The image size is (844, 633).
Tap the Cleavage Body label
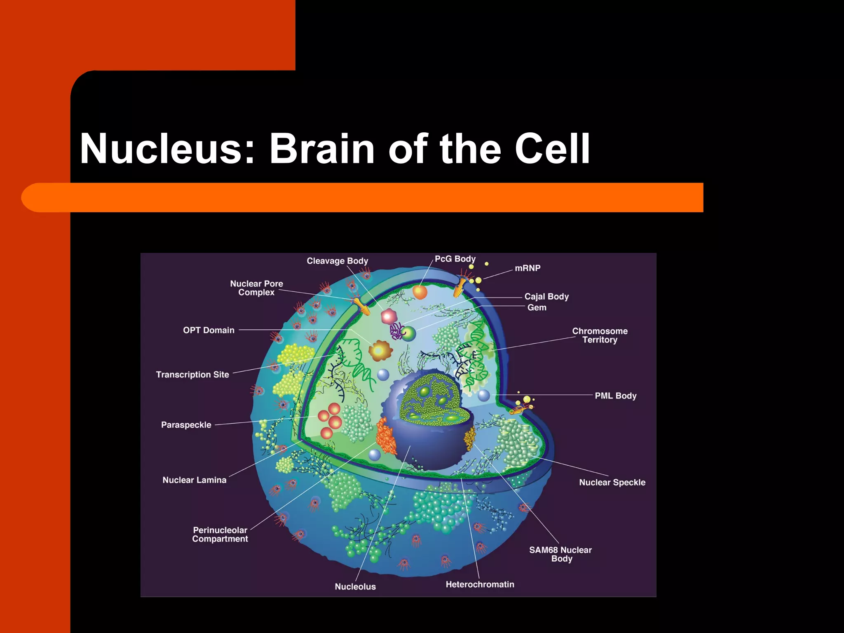click(337, 261)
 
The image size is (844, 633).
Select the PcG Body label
click(455, 259)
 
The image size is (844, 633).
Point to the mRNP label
click(527, 268)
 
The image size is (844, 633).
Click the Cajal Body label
click(546, 296)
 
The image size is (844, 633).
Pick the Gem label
click(537, 307)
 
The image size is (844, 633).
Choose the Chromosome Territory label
click(600, 335)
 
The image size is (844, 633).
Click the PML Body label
click(615, 396)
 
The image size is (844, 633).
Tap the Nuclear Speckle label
click(612, 482)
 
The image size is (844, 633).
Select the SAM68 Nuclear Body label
click(560, 554)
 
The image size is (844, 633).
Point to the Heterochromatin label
click(480, 584)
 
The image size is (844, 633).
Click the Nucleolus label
click(355, 586)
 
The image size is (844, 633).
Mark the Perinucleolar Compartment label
click(220, 535)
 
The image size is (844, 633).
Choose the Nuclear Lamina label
click(195, 480)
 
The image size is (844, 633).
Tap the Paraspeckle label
click(186, 425)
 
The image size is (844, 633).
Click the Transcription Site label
click(192, 375)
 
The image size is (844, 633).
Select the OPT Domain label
click(209, 330)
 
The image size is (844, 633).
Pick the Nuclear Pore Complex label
click(256, 288)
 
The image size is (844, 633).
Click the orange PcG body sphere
click(420, 292)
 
